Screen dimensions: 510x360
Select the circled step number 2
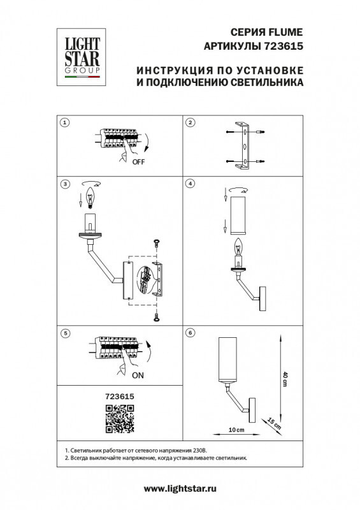point(190,122)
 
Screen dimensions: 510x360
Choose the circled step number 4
point(190,184)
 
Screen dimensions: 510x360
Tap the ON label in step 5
point(138,375)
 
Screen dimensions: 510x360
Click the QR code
point(119,418)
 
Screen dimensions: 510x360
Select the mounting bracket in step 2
point(242,146)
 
